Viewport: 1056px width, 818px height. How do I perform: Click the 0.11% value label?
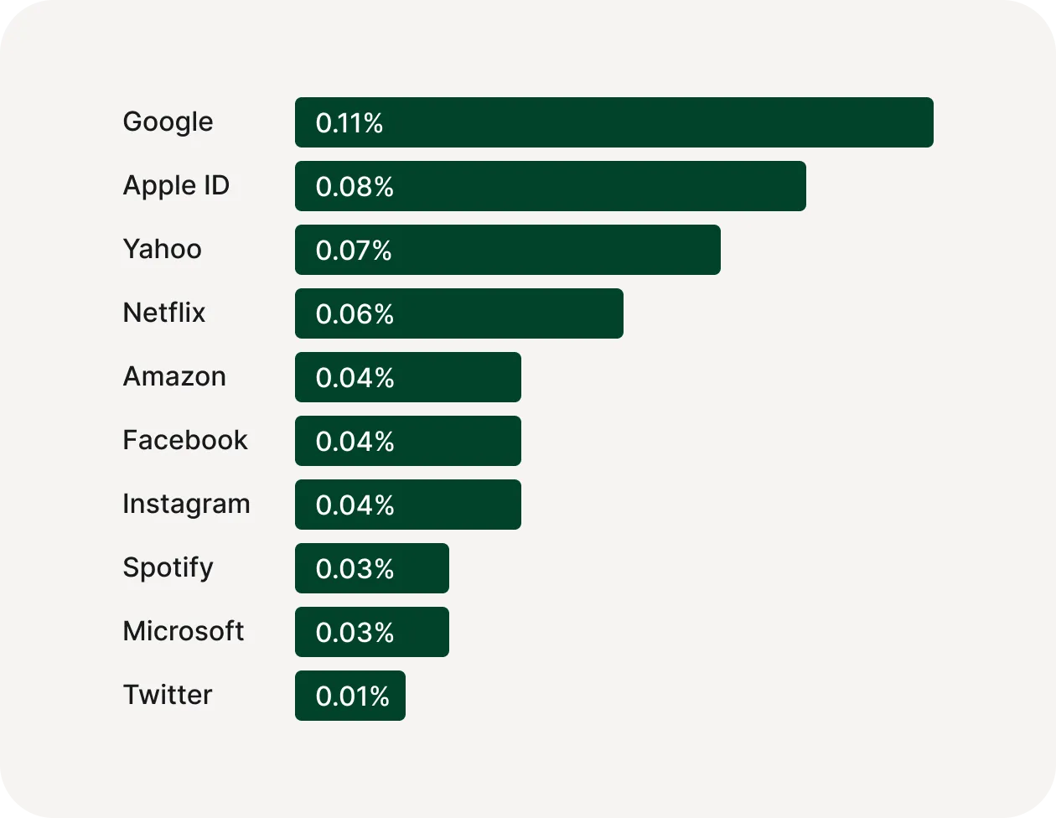click(x=349, y=123)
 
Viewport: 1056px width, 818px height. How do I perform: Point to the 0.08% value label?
click(x=355, y=187)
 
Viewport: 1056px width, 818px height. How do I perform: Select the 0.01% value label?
click(x=353, y=696)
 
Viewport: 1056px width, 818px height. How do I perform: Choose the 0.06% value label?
click(x=355, y=314)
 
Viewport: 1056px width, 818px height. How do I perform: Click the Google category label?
click(x=168, y=122)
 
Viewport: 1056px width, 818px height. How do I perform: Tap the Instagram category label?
click(x=186, y=505)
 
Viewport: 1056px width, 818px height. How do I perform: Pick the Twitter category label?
click(x=168, y=695)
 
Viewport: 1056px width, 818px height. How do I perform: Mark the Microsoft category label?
click(x=184, y=631)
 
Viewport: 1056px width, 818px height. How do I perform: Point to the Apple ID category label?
click(x=176, y=186)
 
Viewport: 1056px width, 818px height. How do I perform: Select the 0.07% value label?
click(x=354, y=251)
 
